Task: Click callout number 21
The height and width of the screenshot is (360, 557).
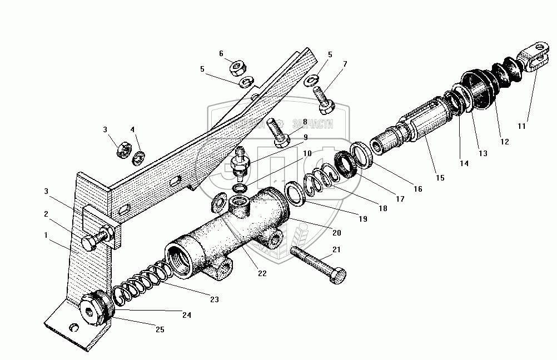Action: [336, 250]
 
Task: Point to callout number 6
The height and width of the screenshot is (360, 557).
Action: [221, 53]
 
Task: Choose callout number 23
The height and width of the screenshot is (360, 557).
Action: [214, 299]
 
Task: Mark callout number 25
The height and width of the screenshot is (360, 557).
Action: [160, 330]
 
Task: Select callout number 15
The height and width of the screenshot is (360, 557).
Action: [440, 178]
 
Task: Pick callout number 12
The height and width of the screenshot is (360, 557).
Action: [504, 142]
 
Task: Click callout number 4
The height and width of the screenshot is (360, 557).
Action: [132, 129]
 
